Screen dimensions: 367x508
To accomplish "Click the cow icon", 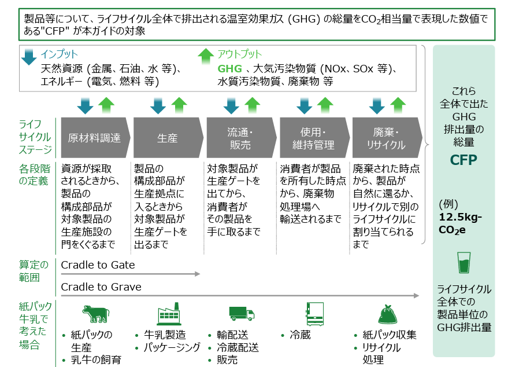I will point(95,314).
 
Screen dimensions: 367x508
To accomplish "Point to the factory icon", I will point(169,314).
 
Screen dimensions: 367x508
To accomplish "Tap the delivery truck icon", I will point(242,314).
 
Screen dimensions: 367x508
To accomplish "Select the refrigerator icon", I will point(314,314).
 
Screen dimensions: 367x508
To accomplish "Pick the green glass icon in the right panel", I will point(463,263).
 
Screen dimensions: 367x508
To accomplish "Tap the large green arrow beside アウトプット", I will point(206,57).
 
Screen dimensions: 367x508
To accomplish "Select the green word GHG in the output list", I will point(229,69).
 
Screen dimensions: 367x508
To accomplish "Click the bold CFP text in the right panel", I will point(463,160).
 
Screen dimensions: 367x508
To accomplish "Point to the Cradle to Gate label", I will point(98,265).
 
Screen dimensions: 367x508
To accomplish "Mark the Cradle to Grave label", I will point(101,287).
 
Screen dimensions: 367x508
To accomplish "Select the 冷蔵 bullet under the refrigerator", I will point(301,335).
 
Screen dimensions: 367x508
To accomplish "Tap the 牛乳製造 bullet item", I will point(165,335).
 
